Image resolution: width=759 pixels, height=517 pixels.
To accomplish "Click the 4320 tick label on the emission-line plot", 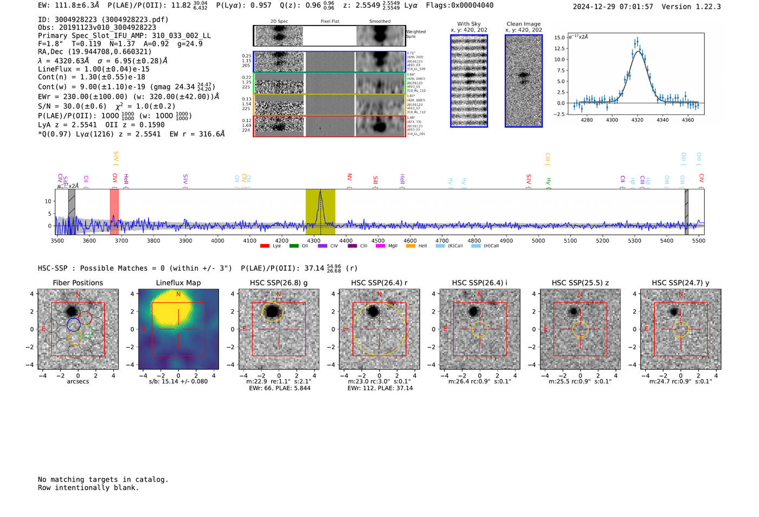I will [637, 120].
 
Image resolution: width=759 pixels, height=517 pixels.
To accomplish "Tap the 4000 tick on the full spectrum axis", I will [217, 241].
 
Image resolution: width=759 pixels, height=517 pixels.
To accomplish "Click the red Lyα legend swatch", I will [265, 246].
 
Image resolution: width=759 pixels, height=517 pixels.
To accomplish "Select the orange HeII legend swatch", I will [410, 246].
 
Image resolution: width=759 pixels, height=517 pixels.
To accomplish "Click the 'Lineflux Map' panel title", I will [178, 283].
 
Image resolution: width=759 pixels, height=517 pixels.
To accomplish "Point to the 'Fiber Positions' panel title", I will [78, 283].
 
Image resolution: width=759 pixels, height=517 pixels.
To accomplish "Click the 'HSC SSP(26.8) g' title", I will [279, 283].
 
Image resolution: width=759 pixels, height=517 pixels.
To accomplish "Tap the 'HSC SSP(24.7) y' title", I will [680, 283].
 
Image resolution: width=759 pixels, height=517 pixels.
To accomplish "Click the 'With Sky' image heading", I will [469, 24].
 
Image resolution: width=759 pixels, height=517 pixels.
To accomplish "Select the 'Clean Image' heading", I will [523, 24].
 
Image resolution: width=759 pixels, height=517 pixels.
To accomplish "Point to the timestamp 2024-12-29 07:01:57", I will [613, 7].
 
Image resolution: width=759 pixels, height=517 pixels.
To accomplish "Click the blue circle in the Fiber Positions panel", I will [74, 325].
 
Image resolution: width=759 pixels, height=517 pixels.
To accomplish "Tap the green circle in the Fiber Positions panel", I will [85, 331].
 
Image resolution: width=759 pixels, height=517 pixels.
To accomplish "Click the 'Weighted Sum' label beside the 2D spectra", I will [416, 34].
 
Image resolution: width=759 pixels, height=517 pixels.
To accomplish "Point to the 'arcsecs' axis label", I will [78, 381].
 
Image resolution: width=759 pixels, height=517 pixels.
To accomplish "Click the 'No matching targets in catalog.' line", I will [103, 480].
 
